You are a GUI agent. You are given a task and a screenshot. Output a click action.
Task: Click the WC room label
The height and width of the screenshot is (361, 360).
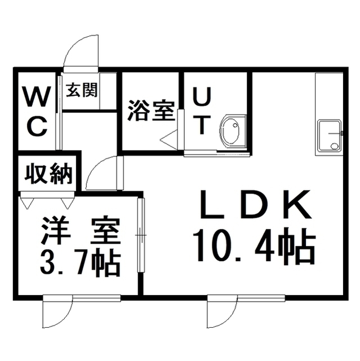pyautogui.click(x=36, y=111)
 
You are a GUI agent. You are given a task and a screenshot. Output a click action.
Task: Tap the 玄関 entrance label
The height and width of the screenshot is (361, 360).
pyautogui.click(x=82, y=90)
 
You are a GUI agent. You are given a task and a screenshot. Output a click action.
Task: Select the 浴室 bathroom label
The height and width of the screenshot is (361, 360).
pyautogui.click(x=150, y=111)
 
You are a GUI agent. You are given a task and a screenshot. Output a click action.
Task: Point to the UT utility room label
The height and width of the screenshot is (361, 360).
pyautogui.click(x=202, y=111)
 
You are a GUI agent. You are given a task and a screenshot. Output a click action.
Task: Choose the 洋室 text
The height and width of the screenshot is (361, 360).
pyautogui.click(x=81, y=231)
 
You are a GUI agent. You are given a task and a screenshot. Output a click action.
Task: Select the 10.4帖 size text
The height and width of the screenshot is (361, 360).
pyautogui.click(x=254, y=246)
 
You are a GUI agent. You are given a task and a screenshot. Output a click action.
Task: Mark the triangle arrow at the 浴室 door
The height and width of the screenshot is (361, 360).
pyautogui.click(x=169, y=138)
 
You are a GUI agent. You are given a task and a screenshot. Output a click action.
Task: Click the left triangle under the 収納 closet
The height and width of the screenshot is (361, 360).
pyautogui.click(x=28, y=204)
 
